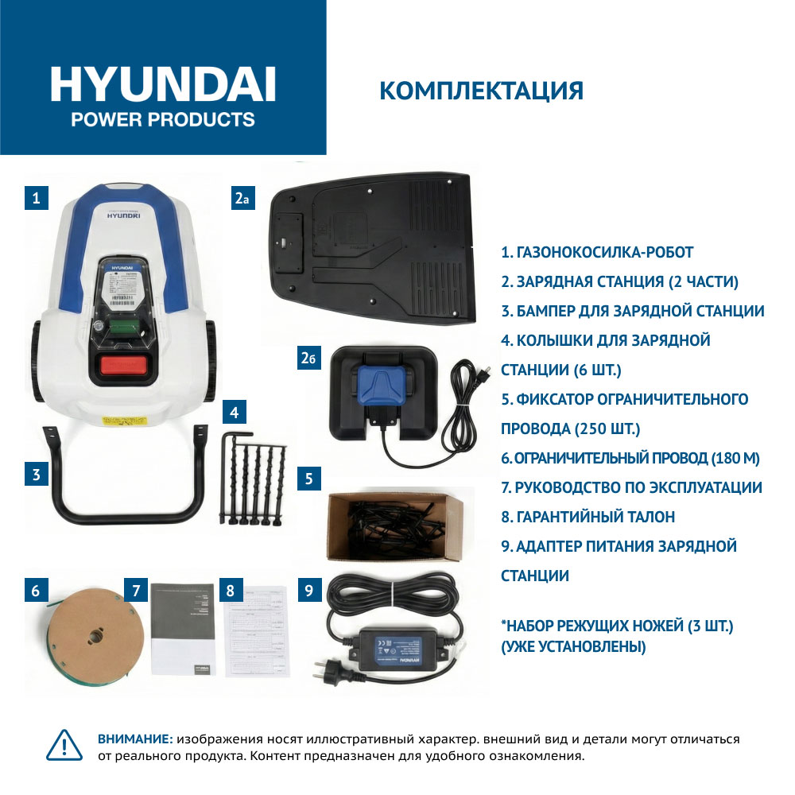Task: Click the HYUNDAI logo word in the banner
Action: (x=163, y=83)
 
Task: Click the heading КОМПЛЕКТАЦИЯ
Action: (x=481, y=90)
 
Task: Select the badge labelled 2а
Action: (x=242, y=197)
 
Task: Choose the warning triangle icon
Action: (x=66, y=746)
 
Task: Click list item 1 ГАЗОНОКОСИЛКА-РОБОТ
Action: (x=597, y=253)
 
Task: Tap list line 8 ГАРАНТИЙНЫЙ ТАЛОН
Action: (x=588, y=517)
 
